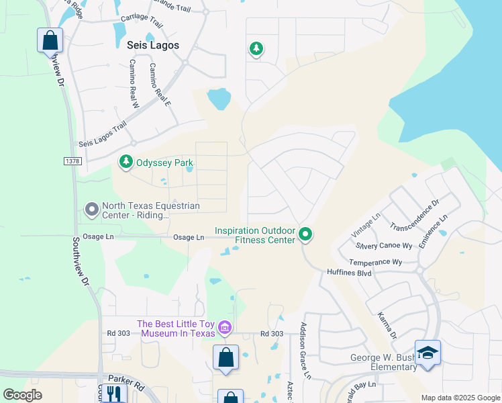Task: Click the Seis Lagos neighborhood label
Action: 153,45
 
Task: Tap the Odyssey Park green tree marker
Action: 125,162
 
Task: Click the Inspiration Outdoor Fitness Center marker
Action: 305,234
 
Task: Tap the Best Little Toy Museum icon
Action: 225,328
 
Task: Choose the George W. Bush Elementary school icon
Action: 427,353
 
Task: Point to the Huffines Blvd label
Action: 348,273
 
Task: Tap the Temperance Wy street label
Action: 375,262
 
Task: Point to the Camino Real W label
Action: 132,84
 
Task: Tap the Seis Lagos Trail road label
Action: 102,134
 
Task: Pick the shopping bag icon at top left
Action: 50,40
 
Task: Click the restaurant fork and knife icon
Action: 113,394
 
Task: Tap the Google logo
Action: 22,395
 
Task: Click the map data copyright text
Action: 460,398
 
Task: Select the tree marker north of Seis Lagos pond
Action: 256,49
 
